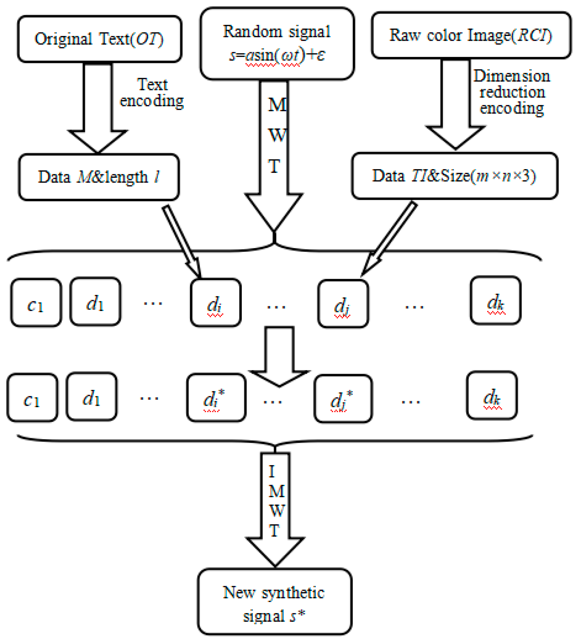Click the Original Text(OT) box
(99, 39)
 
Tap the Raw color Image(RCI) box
(471, 35)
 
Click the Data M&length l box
(99, 177)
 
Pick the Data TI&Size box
(454, 176)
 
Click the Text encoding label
(152, 93)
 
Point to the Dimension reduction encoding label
(512, 92)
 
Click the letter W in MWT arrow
(277, 135)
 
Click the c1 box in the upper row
(36, 303)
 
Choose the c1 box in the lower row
(32, 397)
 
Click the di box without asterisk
(215, 303)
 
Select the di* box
(216, 397)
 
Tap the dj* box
(343, 399)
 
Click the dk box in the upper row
(495, 301)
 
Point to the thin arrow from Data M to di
(181, 241)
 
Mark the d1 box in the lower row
(92, 397)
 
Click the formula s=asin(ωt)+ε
(277, 55)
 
